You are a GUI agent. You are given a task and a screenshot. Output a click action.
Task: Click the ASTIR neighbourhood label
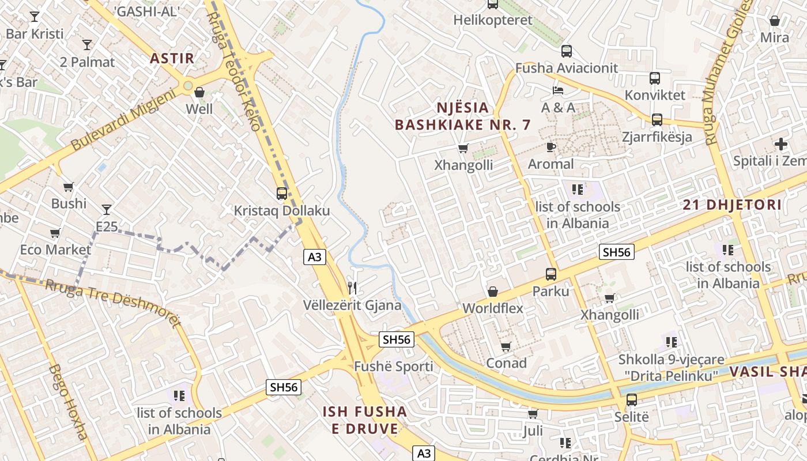pos(172,58)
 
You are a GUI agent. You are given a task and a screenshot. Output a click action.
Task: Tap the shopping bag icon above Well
pos(199,92)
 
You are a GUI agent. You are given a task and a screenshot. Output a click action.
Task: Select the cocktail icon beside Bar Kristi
pos(35,17)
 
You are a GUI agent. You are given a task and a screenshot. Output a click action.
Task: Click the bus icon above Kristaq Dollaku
pos(282,194)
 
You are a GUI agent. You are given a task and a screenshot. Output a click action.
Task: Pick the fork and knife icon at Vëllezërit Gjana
pos(352,288)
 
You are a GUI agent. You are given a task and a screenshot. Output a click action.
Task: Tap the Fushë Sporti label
pos(393,366)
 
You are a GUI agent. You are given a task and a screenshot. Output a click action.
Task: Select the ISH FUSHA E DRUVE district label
pos(364,420)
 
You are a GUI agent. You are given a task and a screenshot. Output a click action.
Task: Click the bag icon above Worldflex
pos(493,292)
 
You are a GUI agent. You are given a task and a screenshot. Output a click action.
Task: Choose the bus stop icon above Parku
pos(551,274)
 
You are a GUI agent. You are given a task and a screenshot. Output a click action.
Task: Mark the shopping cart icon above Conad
pos(506,346)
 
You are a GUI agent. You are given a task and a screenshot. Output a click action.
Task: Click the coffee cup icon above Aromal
pos(551,147)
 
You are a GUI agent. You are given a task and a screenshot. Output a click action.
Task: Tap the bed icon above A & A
pos(558,90)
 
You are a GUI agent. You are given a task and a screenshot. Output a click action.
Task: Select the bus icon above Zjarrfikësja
pos(657,120)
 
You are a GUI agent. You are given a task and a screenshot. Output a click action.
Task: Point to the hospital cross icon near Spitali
pos(781,143)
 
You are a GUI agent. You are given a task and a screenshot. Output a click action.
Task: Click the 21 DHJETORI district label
pos(732,205)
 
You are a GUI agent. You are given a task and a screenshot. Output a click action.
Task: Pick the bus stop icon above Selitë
pos(632,399)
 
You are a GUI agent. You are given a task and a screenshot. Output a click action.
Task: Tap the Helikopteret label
pos(493,20)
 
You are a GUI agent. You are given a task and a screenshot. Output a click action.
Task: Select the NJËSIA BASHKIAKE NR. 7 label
pos(462,116)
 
